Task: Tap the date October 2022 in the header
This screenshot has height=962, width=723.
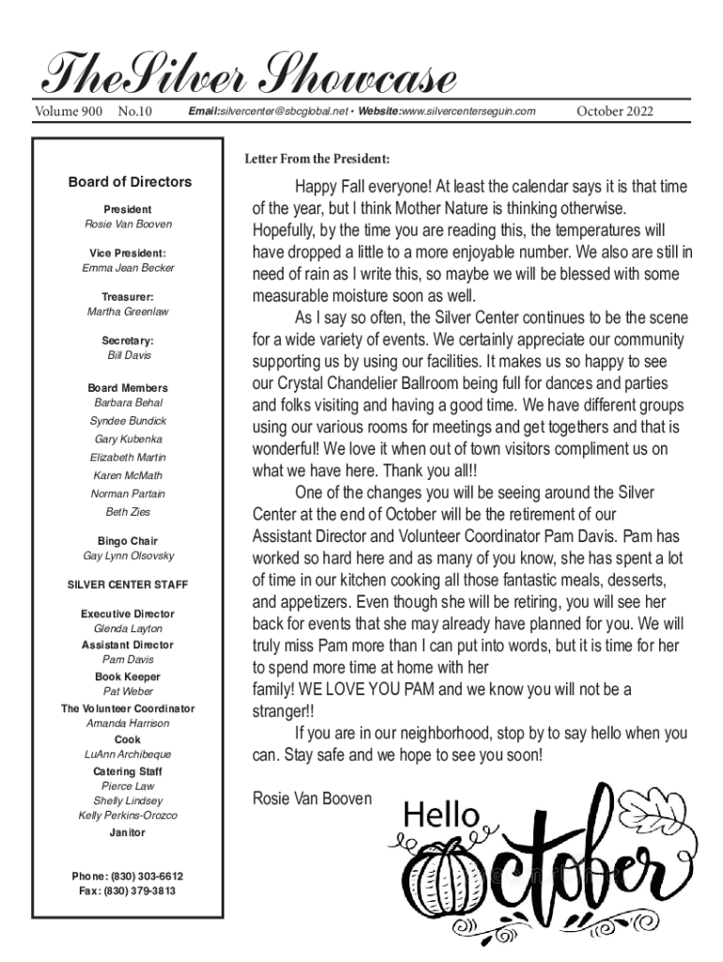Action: click(x=615, y=113)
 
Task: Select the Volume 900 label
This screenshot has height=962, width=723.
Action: click(x=68, y=113)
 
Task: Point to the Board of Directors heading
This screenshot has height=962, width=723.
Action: click(x=130, y=182)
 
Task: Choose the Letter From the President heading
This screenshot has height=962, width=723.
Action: click(x=316, y=158)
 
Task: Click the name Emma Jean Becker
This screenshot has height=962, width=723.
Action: click(x=128, y=269)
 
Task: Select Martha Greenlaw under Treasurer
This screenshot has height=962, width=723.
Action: click(x=128, y=312)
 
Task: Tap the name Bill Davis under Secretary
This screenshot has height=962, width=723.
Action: click(x=129, y=356)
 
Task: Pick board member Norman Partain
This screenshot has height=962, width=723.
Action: click(x=128, y=494)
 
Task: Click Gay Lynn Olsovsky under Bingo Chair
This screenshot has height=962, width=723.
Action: click(x=128, y=556)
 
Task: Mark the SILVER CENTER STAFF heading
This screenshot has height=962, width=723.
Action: click(x=128, y=585)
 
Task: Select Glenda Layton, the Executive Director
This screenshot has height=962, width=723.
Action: click(x=128, y=628)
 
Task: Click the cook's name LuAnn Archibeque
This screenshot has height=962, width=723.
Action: click(x=128, y=754)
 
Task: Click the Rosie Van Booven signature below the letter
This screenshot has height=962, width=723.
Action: click(x=313, y=799)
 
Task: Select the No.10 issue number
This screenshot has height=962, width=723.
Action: click(x=136, y=113)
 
